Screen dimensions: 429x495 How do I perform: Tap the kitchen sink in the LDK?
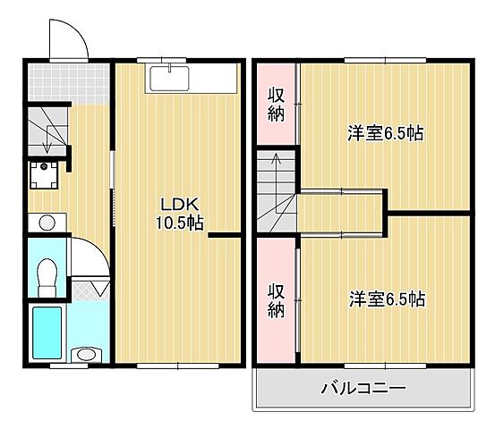(169, 78)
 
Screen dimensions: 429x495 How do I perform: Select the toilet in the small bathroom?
(47, 273)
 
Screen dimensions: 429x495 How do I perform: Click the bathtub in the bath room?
(47, 332)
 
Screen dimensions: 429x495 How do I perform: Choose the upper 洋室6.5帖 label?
(385, 134)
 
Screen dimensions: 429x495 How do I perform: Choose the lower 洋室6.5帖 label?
(385, 299)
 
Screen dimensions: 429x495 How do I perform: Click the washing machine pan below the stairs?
(43, 175)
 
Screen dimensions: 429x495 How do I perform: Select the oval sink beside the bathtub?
(85, 355)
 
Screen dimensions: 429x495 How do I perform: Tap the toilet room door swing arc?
(85, 255)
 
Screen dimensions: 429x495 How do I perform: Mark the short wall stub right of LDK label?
(227, 235)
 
